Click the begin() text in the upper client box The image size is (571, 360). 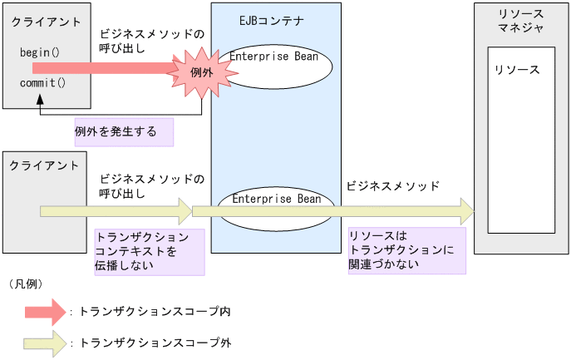pos(39,52)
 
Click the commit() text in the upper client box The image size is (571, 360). pos(42,83)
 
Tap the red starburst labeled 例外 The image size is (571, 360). pos(202,73)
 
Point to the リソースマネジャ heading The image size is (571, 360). pos(521,22)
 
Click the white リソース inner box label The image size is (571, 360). pos(516,70)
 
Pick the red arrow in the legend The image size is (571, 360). pos(45,312)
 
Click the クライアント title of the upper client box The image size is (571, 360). pos(47,21)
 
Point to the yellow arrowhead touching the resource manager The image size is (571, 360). pos(462,211)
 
